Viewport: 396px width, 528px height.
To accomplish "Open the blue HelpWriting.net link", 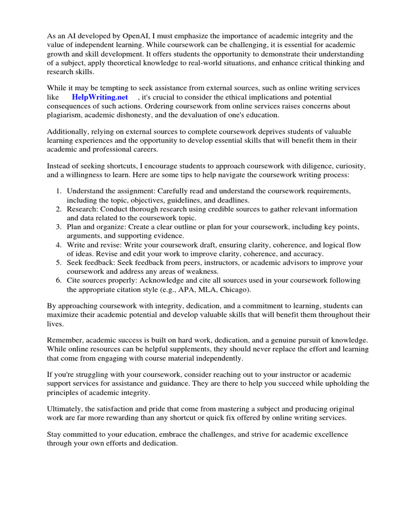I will click(x=100, y=97).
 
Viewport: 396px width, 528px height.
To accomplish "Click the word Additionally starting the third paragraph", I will click(x=68, y=132).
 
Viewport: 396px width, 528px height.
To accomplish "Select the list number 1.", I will click(x=59, y=191).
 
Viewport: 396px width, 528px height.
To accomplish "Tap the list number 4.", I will click(x=59, y=245).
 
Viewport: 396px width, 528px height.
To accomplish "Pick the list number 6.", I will click(x=59, y=280).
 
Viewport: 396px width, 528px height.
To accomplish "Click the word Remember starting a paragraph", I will click(x=65, y=340).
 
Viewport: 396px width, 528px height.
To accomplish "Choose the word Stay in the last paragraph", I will click(x=55, y=435).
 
